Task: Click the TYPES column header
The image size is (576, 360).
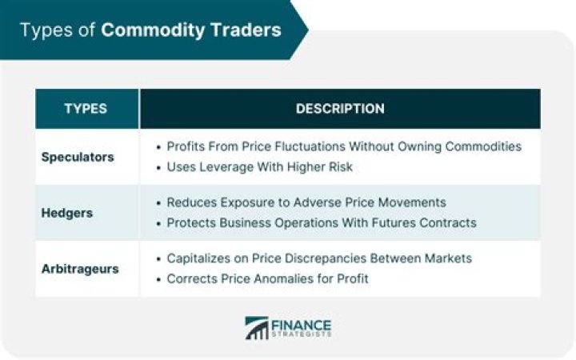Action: click(86, 109)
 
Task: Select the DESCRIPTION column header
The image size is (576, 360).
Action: click(340, 109)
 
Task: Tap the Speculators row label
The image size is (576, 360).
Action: click(78, 157)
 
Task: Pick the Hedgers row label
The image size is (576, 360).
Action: click(66, 213)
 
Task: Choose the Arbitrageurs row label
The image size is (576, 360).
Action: click(80, 269)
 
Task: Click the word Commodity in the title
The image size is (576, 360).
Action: click(149, 30)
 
